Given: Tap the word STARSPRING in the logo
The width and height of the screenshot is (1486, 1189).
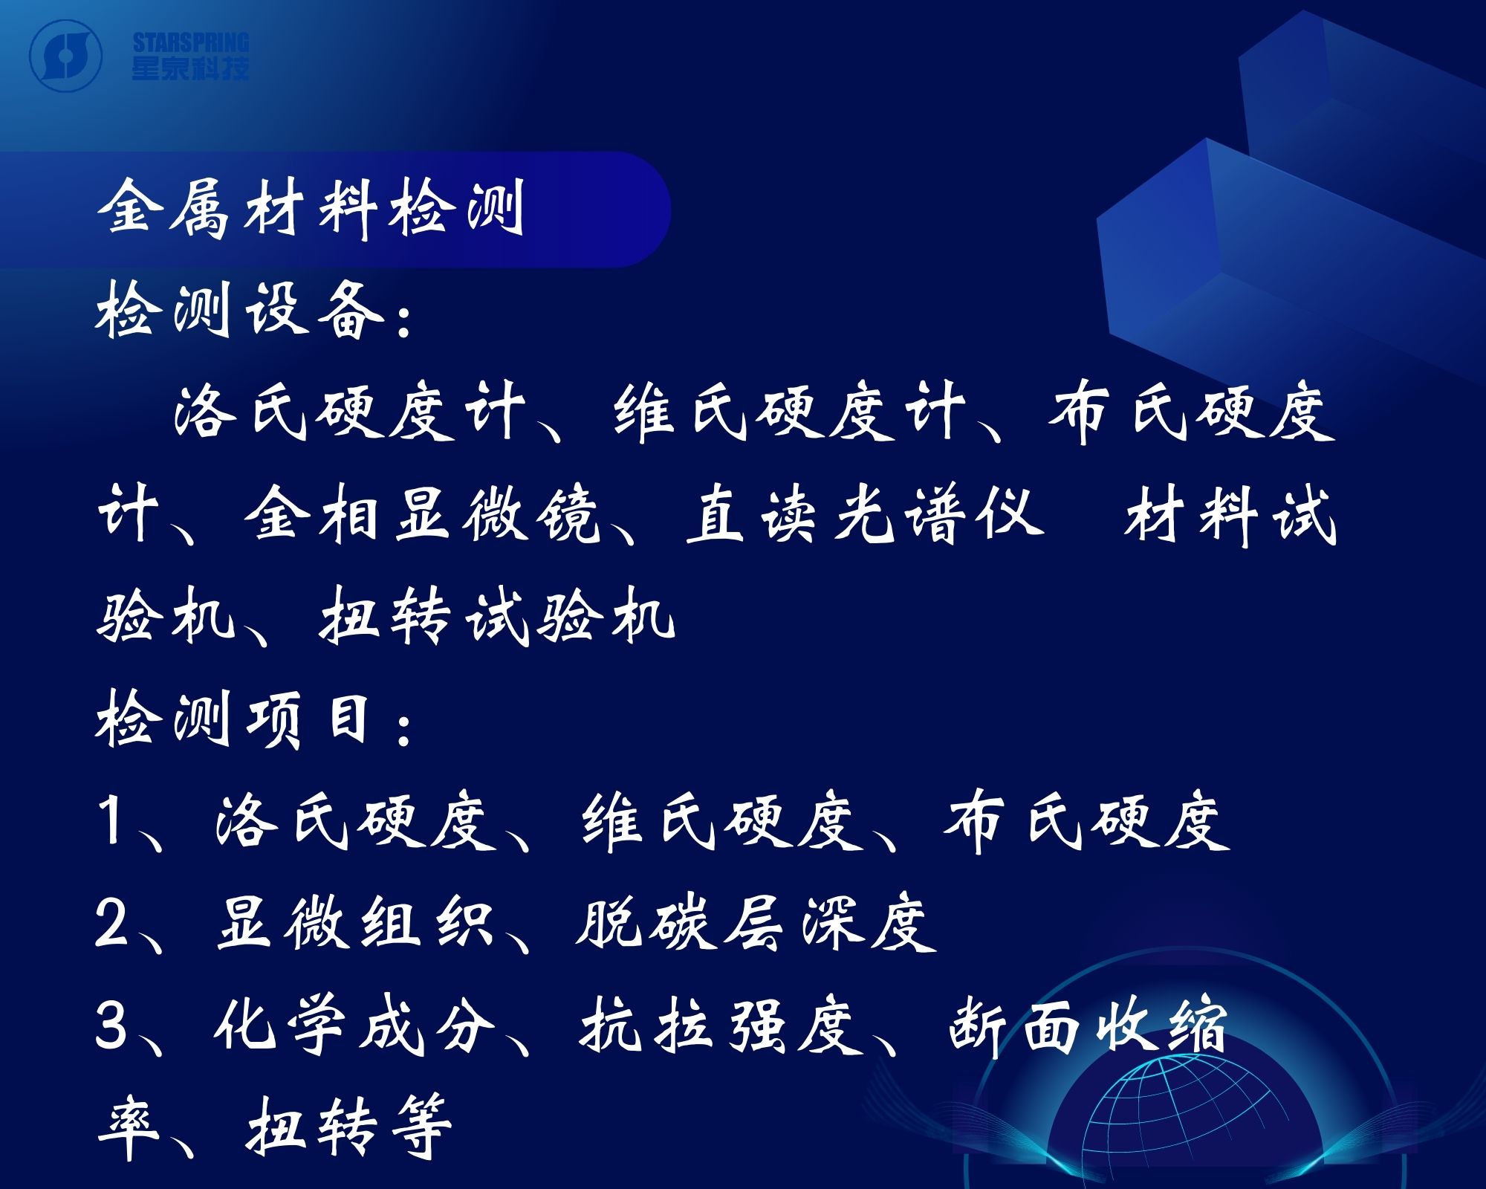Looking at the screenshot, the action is [x=191, y=42].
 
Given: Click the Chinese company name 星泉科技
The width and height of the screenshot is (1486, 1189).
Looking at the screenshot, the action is [x=191, y=68].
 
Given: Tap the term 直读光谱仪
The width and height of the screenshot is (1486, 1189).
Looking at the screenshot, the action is [x=865, y=514].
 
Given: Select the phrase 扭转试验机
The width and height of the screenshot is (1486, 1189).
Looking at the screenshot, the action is [x=497, y=617].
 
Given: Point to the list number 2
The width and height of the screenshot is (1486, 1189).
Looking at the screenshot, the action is [x=111, y=923].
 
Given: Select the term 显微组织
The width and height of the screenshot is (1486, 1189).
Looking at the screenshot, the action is [x=355, y=923].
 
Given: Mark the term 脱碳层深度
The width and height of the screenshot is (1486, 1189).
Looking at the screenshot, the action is [x=756, y=923].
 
